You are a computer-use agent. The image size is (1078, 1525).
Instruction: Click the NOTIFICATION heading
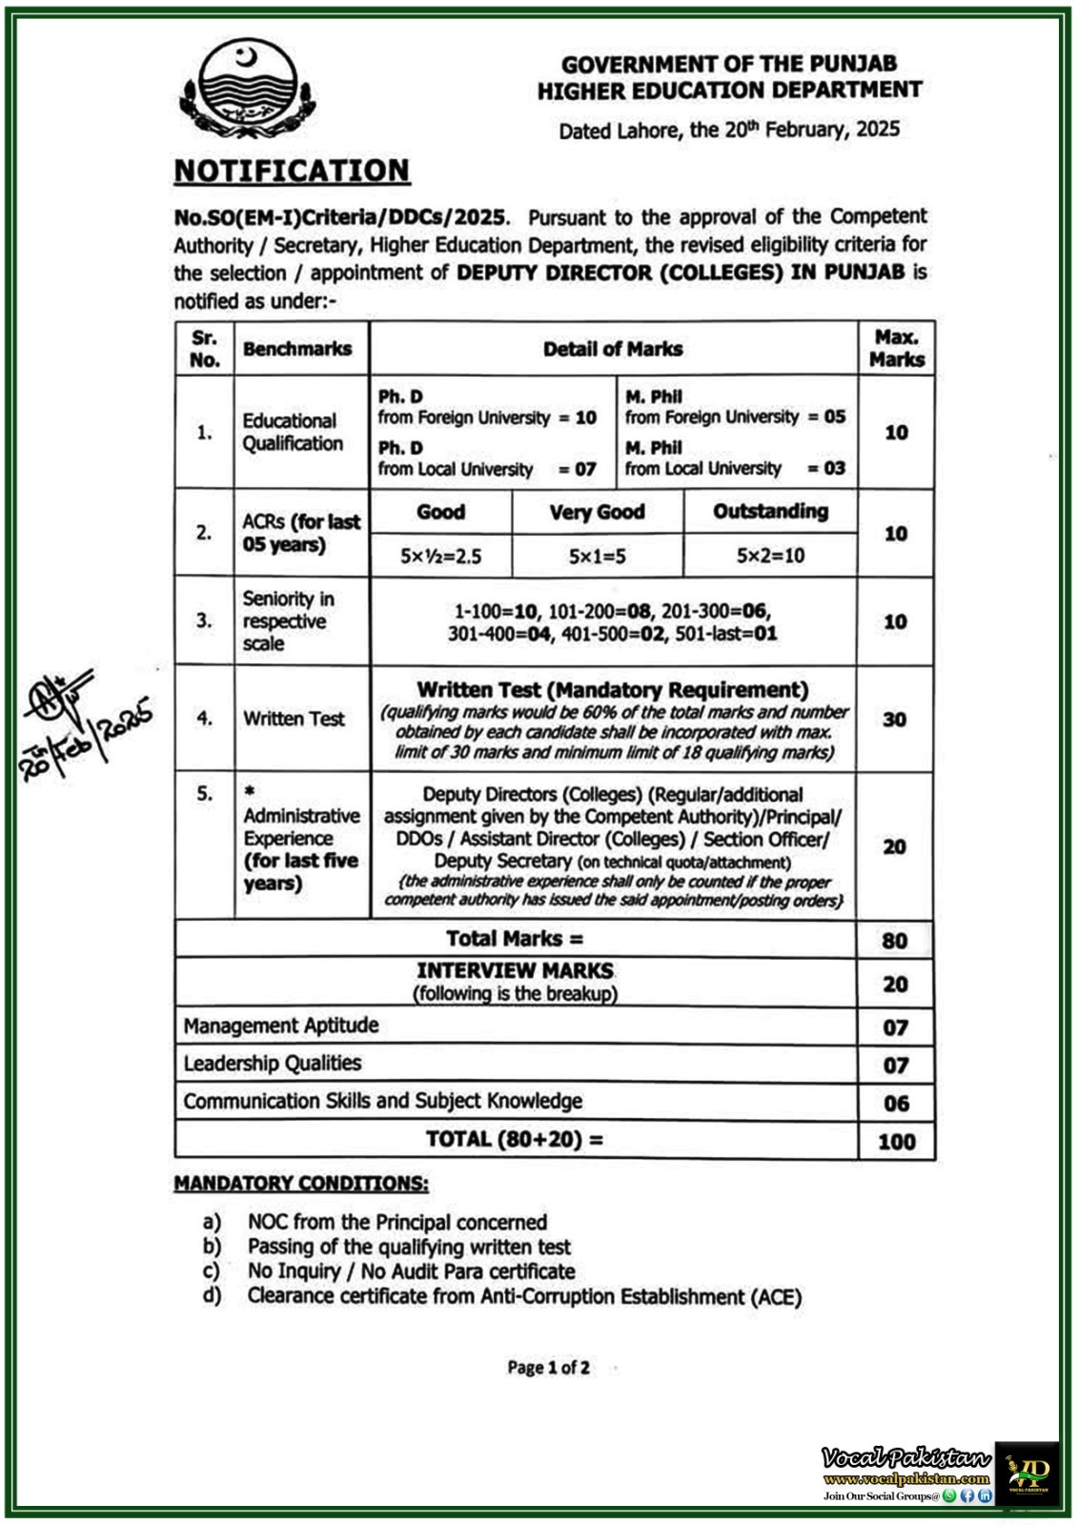coord(292,171)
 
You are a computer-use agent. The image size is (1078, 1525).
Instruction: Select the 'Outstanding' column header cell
coord(770,512)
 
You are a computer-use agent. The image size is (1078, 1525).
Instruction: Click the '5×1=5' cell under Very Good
coord(597,556)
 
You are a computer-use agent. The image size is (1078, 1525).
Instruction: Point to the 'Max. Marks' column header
coord(896,348)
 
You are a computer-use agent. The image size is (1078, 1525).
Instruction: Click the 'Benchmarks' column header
coord(297,349)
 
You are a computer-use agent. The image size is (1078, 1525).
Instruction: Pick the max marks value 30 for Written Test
coord(894,720)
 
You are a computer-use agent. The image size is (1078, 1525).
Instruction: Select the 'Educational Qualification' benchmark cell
coord(292,432)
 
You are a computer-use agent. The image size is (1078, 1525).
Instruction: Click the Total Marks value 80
coord(894,941)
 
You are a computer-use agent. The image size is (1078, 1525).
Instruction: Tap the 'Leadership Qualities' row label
coord(273,1064)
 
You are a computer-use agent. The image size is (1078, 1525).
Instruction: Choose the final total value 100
coord(896,1141)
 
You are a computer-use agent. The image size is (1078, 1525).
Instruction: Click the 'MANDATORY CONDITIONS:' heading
coord(301,1184)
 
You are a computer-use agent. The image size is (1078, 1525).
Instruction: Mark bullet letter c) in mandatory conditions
coord(211,1271)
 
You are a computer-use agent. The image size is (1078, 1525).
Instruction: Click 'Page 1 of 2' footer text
coord(548,1368)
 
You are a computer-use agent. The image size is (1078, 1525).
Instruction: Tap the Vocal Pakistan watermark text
coord(905,1457)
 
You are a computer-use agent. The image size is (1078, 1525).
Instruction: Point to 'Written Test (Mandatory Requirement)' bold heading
coord(612,690)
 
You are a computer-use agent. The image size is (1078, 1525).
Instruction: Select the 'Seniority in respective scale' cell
coord(288,620)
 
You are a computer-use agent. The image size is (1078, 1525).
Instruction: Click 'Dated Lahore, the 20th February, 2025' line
coord(729,131)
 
